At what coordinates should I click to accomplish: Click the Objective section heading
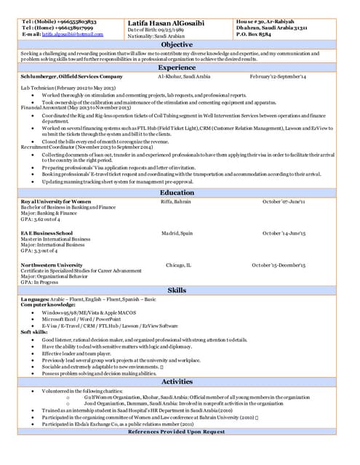(x=177, y=44)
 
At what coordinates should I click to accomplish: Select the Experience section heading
(x=177, y=67)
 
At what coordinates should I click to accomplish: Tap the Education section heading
(x=177, y=193)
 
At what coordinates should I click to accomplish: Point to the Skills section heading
(x=177, y=290)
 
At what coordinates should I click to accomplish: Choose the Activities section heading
(x=177, y=381)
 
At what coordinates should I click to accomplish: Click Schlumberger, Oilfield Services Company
(x=71, y=76)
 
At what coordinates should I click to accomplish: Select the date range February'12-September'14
(x=278, y=76)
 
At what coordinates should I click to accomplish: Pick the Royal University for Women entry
(x=55, y=201)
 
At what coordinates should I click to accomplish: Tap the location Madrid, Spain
(x=177, y=233)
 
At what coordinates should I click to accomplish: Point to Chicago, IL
(x=178, y=265)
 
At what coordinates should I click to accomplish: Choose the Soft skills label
(x=34, y=332)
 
